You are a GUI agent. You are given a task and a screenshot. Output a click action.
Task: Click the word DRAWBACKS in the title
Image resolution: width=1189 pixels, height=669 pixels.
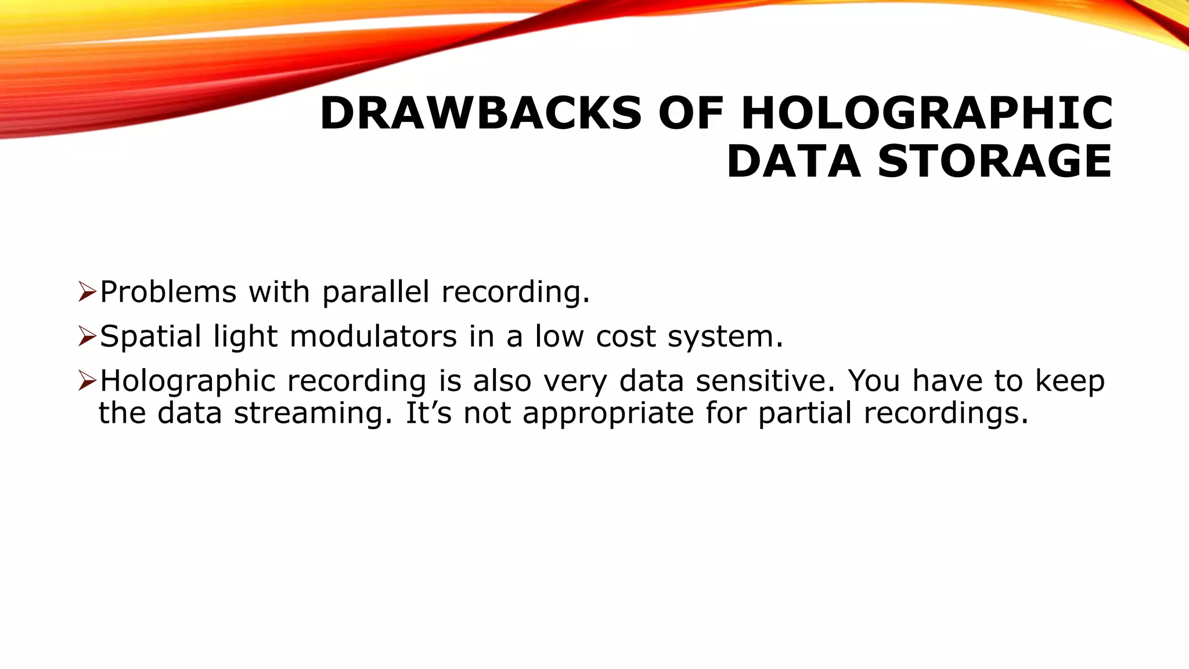click(x=480, y=113)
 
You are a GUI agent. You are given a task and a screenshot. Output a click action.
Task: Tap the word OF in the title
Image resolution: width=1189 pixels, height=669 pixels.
click(x=691, y=113)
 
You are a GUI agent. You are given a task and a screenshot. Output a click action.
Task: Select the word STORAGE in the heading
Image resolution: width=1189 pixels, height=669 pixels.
click(x=995, y=161)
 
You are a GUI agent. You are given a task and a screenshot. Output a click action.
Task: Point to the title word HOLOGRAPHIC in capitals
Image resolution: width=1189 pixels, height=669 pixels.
click(x=927, y=113)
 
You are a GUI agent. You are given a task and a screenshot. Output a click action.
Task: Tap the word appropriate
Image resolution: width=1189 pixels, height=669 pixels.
click(x=608, y=413)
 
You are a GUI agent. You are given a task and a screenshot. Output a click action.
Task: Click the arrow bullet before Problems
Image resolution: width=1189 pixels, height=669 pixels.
click(x=87, y=292)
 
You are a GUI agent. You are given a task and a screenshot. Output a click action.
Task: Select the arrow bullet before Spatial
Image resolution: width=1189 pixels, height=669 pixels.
click(x=87, y=336)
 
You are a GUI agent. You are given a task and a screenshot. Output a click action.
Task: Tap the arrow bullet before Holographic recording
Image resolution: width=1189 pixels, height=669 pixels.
click(x=87, y=381)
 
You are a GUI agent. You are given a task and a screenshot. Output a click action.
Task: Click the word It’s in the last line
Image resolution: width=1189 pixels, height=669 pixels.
click(x=428, y=413)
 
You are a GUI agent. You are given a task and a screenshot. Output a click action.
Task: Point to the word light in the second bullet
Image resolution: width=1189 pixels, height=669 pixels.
click(x=246, y=337)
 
